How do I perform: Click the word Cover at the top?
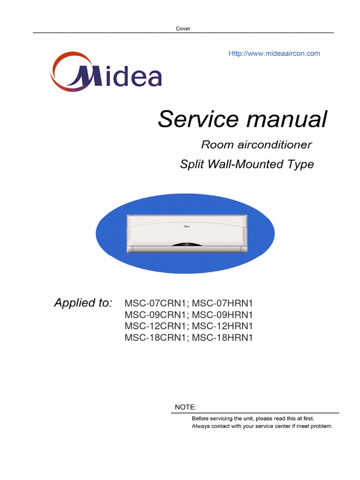[x=183, y=29]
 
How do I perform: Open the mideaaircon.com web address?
[x=274, y=53]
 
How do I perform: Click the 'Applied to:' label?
[x=83, y=303]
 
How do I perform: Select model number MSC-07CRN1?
[x=155, y=303]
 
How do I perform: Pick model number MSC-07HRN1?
[x=223, y=303]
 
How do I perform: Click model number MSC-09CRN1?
[x=155, y=315]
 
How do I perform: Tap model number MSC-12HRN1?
[x=223, y=326]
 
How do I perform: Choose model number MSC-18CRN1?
[x=155, y=337]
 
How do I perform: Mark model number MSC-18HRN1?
[x=223, y=337]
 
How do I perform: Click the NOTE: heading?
[x=186, y=407]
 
